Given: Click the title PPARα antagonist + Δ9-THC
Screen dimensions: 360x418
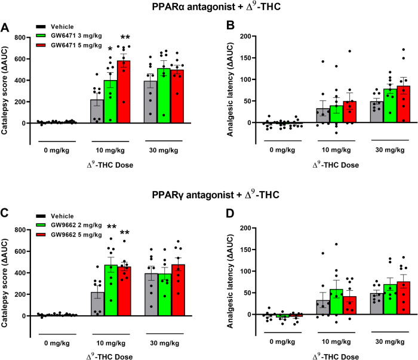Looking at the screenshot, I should click(210, 8).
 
